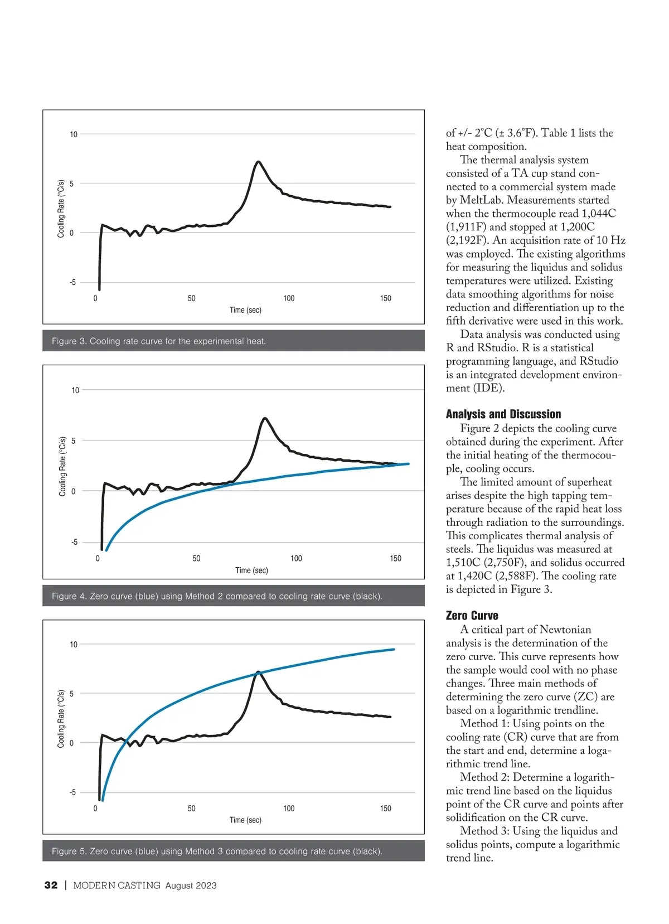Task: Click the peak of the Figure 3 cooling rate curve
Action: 258,162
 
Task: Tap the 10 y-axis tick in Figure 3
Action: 74,134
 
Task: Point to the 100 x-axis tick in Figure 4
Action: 296,558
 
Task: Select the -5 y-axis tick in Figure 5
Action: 72,792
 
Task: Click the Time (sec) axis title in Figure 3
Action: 245,310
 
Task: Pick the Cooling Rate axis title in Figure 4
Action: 62,466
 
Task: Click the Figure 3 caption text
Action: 159,341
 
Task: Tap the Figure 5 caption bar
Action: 233,851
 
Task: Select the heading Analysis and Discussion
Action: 503,414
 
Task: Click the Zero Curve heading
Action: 472,616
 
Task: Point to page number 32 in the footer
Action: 51,886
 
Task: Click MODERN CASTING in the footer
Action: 117,886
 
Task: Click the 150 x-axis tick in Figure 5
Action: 385,809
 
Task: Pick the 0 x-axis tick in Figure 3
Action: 95,298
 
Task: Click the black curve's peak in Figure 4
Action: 265,418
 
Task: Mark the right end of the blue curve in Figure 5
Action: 394,649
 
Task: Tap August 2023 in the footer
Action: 191,886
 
